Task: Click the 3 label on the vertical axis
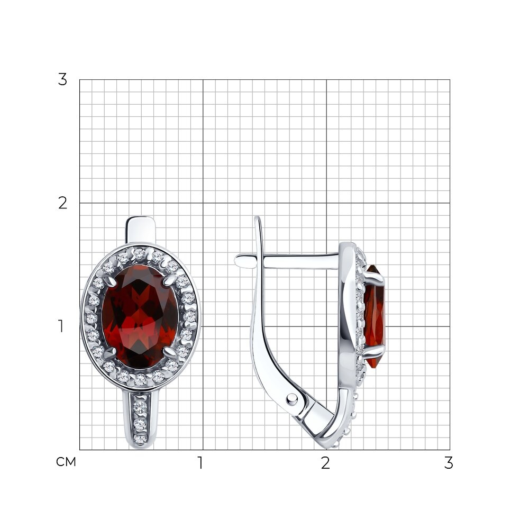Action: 62,80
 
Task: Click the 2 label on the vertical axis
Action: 62,203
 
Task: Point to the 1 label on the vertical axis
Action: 61,326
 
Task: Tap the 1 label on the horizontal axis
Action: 200,463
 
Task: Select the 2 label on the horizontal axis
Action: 325,463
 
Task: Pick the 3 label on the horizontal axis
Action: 449,463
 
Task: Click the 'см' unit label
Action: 66,462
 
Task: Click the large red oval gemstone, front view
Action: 140,317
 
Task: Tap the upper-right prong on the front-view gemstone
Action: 170,280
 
